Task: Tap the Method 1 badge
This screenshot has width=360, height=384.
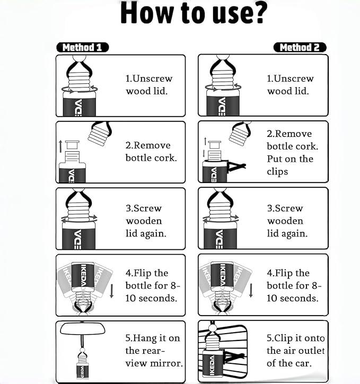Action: tap(83, 47)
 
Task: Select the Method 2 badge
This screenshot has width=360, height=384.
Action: tap(300, 47)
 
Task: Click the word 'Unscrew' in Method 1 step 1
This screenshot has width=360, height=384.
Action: tap(152, 78)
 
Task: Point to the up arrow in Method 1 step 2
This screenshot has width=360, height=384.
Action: tap(60, 146)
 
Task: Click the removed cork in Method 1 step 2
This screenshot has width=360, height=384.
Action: tap(72, 145)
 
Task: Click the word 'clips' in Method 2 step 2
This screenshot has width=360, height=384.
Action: tap(277, 171)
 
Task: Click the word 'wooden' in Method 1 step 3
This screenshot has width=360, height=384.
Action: tap(144, 221)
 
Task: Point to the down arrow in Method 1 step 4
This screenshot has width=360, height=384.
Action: tap(111, 291)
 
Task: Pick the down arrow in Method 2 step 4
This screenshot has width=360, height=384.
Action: tap(251, 291)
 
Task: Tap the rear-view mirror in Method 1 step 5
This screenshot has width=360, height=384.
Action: tap(83, 329)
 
